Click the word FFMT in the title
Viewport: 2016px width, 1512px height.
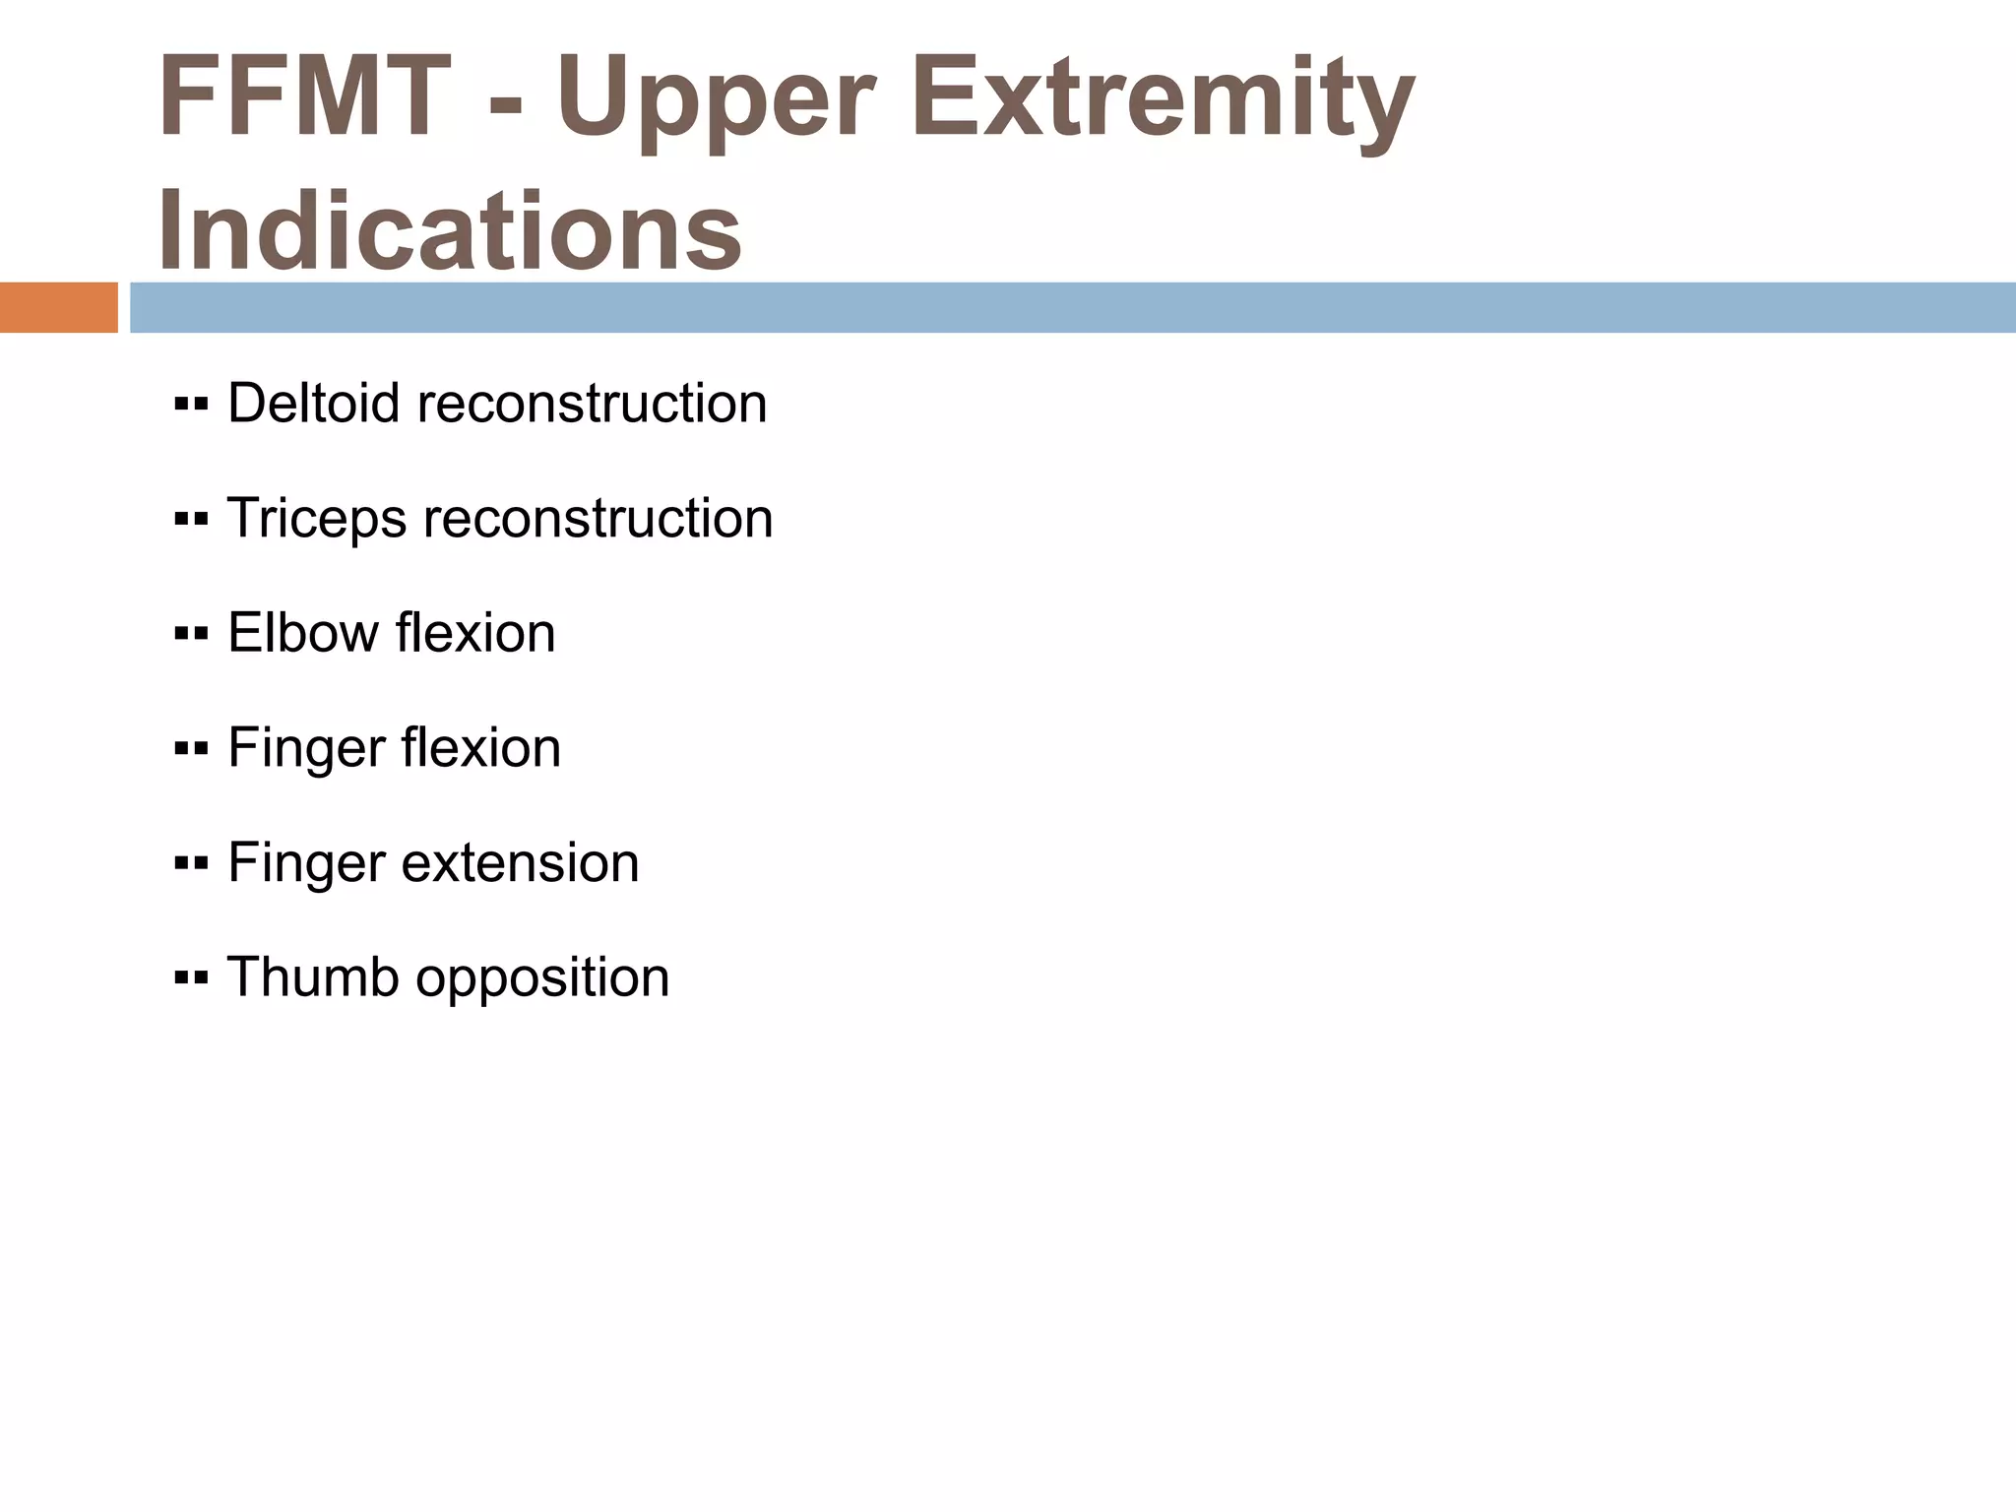pos(304,97)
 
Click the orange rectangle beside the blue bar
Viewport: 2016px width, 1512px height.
pos(58,307)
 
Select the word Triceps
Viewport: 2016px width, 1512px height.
pos(316,519)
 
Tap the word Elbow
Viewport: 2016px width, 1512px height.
pos(302,633)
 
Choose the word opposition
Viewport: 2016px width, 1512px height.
pos(542,979)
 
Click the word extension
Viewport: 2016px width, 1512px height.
pos(520,863)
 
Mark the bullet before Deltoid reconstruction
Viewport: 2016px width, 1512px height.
pos(191,405)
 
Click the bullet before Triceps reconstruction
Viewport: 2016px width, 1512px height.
pos(191,520)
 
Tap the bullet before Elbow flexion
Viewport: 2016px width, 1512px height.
pos(191,634)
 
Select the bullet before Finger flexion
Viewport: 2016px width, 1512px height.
pos(191,749)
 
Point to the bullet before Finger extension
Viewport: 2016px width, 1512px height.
pos(191,864)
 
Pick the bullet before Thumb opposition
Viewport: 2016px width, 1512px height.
pos(191,978)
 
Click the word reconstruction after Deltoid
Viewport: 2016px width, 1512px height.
pos(592,404)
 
